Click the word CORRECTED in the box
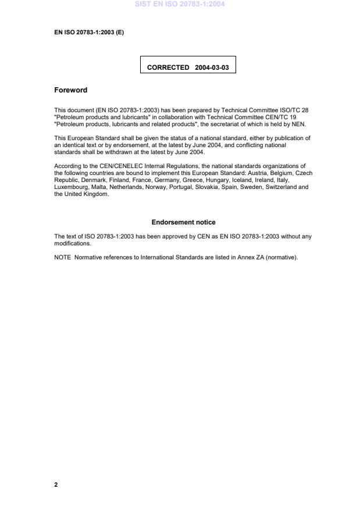(x=168, y=67)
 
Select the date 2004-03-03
(x=212, y=67)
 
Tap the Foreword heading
(x=70, y=90)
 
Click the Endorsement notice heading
(x=183, y=222)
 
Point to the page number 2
(x=56, y=484)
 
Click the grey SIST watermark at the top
(x=180, y=4)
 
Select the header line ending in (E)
(x=89, y=32)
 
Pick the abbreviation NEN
(x=298, y=124)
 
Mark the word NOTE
(x=62, y=258)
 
